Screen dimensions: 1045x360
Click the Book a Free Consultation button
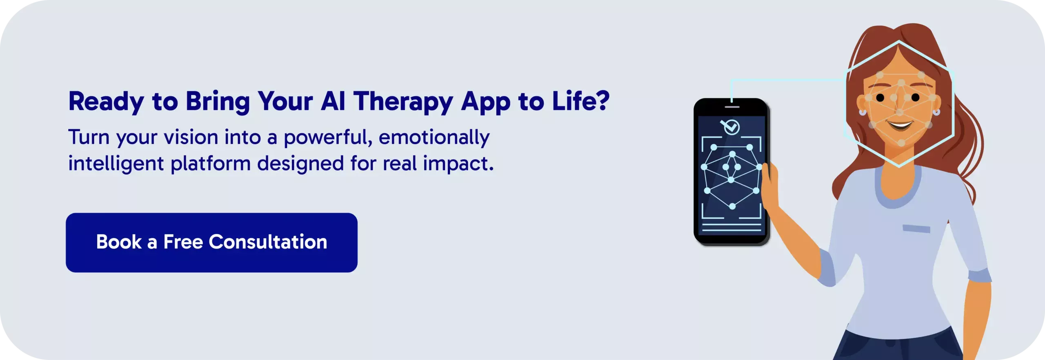coord(211,242)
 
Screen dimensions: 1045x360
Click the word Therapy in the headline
coord(403,102)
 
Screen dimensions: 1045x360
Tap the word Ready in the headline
coord(106,102)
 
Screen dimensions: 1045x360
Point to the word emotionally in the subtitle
coord(434,138)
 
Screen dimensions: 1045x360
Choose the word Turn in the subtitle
coord(89,137)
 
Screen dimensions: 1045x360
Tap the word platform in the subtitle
coord(210,163)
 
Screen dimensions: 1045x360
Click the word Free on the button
coord(183,242)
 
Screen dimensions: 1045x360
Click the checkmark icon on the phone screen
coord(730,127)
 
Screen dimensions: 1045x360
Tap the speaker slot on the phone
coord(732,107)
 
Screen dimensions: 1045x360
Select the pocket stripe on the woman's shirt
coord(916,229)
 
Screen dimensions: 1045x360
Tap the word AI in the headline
coord(333,101)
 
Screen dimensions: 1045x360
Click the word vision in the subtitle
coord(191,137)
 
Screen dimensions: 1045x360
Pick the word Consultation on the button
coord(268,242)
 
